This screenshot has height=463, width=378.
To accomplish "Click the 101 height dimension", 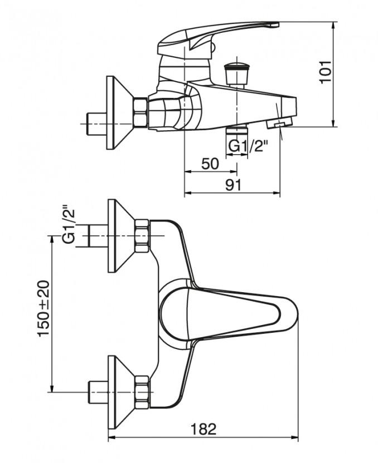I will [x=326, y=72].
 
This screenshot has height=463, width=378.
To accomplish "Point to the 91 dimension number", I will [x=233, y=185].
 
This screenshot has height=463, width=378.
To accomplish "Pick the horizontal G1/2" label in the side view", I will [x=249, y=146].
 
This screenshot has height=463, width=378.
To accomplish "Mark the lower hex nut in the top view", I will [x=142, y=391].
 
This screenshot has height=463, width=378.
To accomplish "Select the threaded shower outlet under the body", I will [x=234, y=134].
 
